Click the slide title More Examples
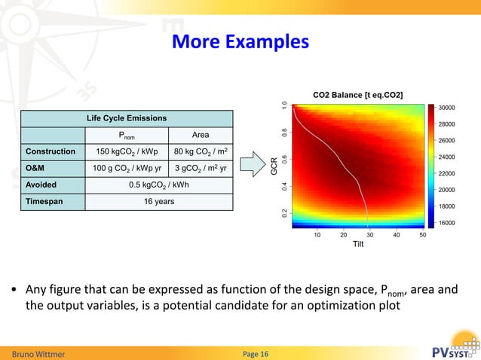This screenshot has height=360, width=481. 240,41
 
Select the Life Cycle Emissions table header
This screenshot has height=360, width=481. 126,118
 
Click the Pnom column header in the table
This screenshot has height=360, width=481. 126,135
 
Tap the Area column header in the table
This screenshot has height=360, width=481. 200,135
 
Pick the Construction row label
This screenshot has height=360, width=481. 51,151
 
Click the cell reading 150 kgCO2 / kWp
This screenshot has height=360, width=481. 126,151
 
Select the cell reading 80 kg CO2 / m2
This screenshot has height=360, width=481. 200,151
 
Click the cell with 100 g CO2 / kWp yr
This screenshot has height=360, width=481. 126,168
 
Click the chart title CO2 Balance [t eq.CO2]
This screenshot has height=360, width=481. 357,95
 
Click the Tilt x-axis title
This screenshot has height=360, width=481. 358,246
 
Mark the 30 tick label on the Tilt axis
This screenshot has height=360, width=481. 369,235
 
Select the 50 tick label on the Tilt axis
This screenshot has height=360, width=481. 423,235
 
